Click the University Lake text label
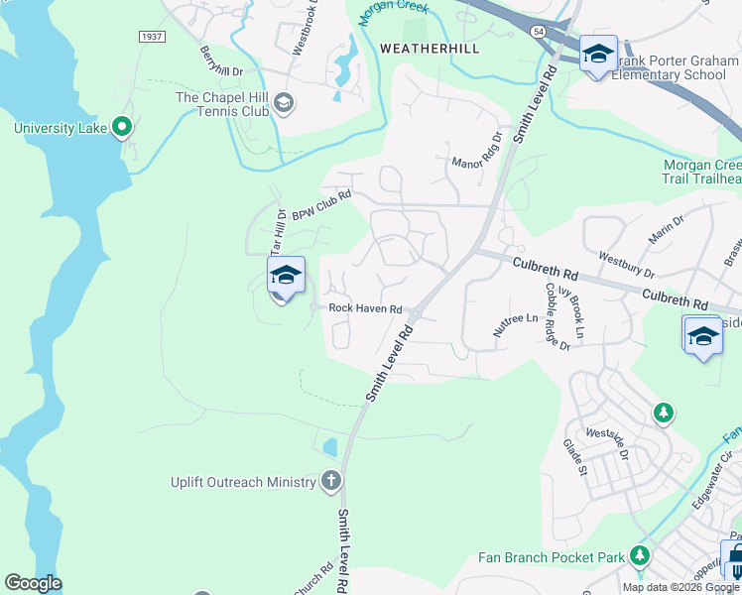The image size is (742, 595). click(59, 127)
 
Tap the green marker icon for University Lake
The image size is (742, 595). click(122, 126)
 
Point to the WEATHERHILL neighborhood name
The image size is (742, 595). click(430, 48)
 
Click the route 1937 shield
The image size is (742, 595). click(151, 35)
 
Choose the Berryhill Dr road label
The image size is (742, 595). click(220, 61)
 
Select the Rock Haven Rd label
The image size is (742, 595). click(364, 308)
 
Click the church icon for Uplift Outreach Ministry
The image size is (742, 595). click(331, 482)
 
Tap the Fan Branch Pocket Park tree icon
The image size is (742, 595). click(642, 556)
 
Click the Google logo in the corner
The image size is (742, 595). click(33, 583)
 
